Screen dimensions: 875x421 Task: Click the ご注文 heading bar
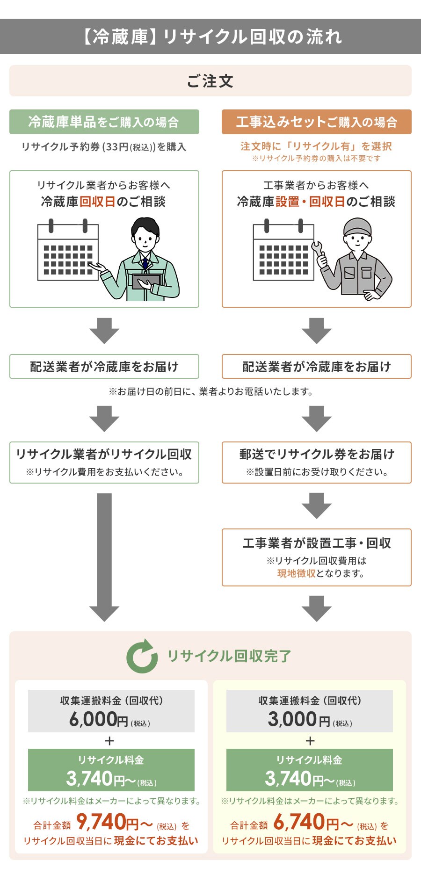tap(210, 81)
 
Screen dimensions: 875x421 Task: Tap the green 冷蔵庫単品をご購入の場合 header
tap(104, 122)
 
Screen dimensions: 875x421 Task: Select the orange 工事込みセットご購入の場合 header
tap(316, 122)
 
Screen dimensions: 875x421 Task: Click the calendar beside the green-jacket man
tap(68, 253)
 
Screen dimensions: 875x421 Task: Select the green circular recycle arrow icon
tap(142, 656)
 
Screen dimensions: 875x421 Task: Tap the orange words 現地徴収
tap(296, 573)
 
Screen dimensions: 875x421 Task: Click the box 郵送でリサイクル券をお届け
tap(316, 462)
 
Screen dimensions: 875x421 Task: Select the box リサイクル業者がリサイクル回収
tap(104, 462)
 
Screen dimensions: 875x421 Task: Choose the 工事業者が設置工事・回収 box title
tap(316, 543)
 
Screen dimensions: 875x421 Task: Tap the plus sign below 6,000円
tap(110, 741)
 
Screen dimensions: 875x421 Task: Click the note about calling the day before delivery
tap(210, 391)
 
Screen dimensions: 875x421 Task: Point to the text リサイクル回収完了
tap(229, 656)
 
